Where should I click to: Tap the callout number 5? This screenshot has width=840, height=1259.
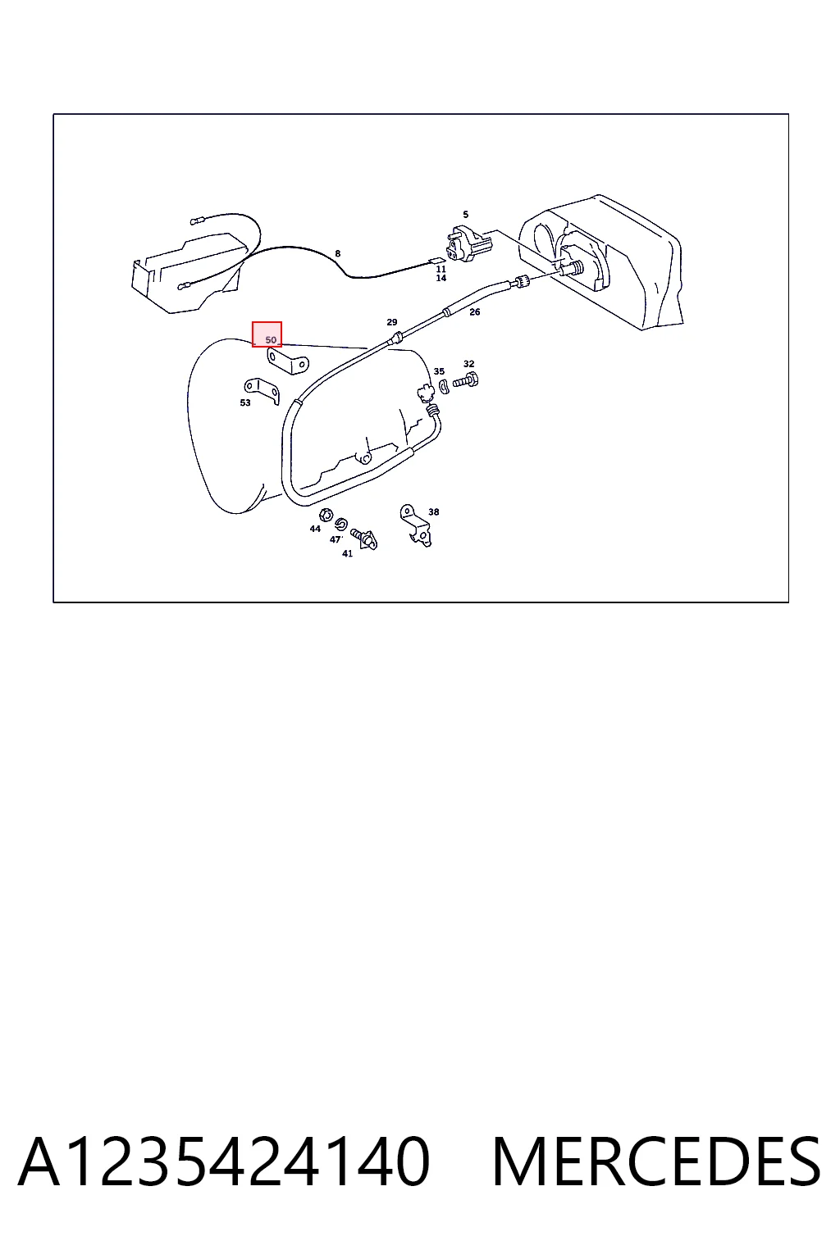pos(465,214)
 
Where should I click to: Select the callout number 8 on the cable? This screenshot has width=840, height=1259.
pos(338,253)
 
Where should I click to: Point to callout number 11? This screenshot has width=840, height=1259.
pos(441,269)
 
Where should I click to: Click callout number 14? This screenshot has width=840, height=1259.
pos(441,278)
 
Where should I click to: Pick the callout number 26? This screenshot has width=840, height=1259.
pos(475,312)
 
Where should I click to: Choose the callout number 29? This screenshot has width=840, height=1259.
pos(392,322)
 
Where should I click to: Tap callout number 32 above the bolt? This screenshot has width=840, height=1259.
pos(468,364)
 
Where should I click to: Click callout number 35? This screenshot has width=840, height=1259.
pos(439,371)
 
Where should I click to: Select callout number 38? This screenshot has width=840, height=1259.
pos(434,512)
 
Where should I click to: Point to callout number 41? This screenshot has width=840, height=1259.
pos(347,553)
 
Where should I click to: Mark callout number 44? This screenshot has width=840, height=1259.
pos(315,529)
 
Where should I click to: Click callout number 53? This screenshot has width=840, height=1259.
pos(245,403)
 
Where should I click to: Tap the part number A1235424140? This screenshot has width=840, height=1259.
pos(224,1161)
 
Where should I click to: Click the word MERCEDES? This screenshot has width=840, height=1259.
pos(656,1161)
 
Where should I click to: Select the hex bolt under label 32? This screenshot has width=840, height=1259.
pos(466,381)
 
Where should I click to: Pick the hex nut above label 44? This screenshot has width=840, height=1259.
pos(325,514)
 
